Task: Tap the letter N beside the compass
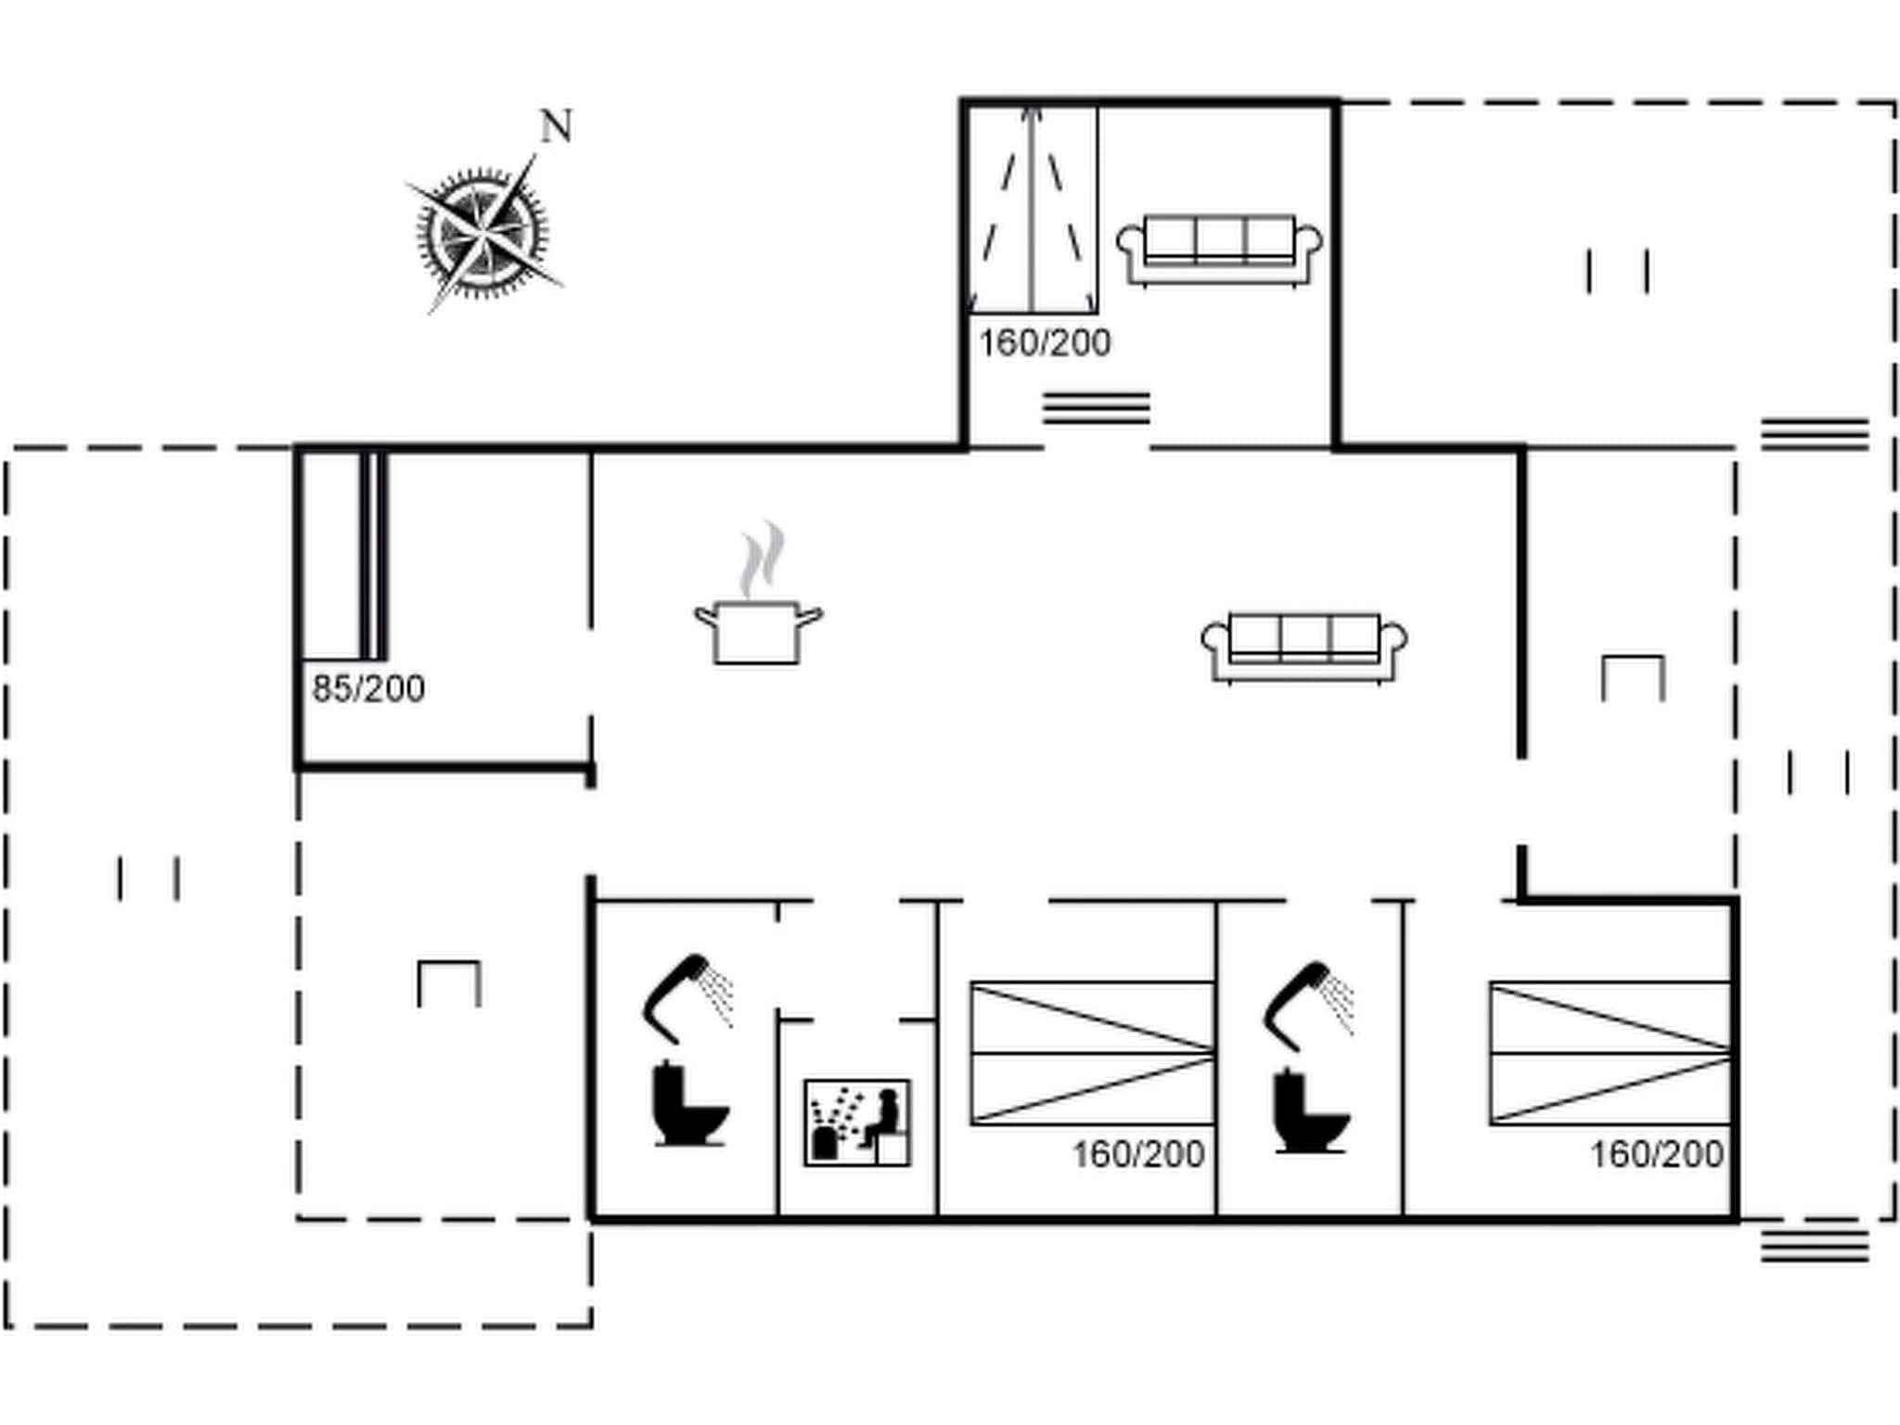pos(556,127)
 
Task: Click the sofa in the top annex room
pos(1219,250)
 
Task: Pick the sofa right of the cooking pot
pos(1303,648)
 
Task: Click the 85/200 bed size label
pos(368,689)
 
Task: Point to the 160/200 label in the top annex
pos(1045,343)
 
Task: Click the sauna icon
pos(857,1123)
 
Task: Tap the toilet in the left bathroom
pos(690,1104)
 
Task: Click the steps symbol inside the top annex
pos(1096,408)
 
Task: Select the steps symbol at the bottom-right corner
pos(1815,1245)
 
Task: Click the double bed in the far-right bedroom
pos(1611,1053)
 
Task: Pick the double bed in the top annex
pos(1033,210)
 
